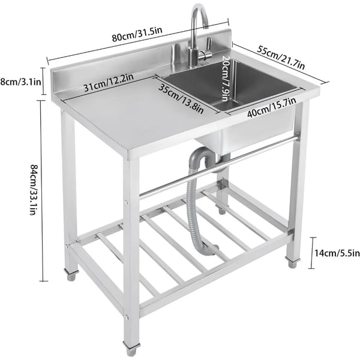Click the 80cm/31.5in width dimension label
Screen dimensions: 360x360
point(137,35)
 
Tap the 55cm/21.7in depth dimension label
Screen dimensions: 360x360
point(281,58)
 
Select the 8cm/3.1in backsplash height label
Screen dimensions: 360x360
point(20,82)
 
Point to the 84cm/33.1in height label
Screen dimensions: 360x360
point(34,190)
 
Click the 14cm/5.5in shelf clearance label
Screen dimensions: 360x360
point(337,253)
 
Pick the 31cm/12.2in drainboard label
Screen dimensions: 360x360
point(109,82)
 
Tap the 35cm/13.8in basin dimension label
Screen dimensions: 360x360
point(181,98)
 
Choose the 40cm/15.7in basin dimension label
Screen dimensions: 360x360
point(271,107)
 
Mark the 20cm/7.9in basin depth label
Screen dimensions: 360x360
point(225,78)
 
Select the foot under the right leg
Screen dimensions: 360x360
point(292,262)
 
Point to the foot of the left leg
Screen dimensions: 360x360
point(71,274)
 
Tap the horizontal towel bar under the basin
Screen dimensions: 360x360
point(219,167)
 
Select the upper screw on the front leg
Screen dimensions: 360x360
point(126,202)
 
